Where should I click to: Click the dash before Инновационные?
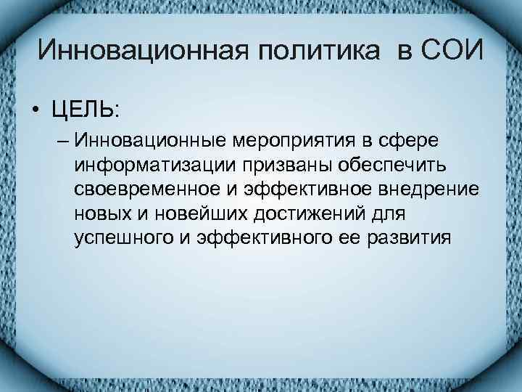click(60, 138)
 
